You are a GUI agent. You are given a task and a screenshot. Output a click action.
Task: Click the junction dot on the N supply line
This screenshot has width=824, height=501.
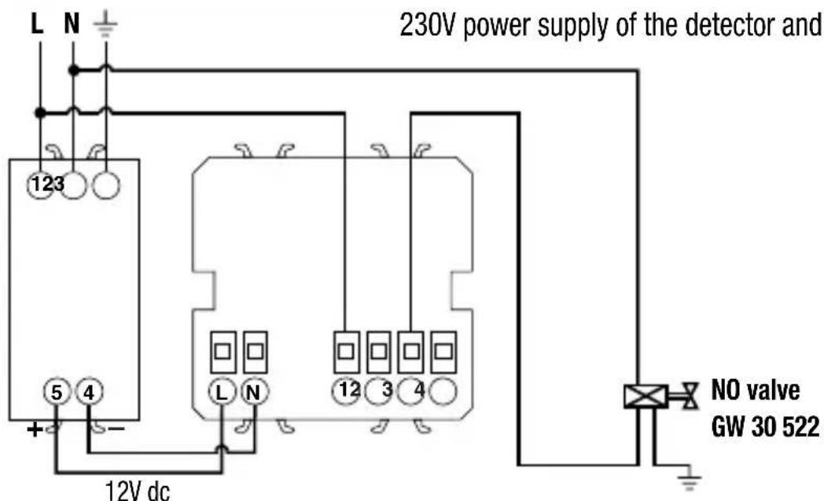pos(73,70)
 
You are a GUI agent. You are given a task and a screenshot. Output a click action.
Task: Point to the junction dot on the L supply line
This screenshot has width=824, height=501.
pos(40,112)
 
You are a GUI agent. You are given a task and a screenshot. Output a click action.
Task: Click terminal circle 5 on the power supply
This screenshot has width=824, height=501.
pos(56,392)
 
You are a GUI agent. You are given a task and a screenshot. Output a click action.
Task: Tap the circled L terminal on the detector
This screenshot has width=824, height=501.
pos(222,392)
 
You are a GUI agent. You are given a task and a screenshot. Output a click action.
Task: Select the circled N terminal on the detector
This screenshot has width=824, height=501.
pos(254,392)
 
